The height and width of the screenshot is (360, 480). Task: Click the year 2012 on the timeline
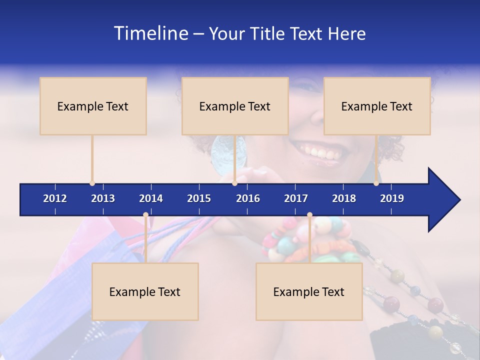(55, 198)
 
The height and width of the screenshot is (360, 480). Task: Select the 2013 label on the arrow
(103, 198)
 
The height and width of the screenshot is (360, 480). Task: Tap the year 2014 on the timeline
(151, 198)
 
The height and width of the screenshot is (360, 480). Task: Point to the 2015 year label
(199, 198)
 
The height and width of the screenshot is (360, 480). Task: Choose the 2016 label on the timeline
(248, 198)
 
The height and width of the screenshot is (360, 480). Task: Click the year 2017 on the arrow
(296, 198)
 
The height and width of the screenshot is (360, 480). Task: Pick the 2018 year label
(344, 198)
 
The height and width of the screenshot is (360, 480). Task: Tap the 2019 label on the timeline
(392, 198)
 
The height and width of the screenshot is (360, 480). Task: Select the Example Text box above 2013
(93, 106)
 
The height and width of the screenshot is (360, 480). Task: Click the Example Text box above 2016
(235, 106)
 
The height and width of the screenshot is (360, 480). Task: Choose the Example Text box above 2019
(377, 106)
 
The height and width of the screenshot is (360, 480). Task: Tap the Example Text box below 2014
(145, 291)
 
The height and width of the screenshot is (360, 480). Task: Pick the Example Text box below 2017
(309, 291)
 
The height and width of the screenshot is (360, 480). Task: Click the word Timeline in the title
(150, 33)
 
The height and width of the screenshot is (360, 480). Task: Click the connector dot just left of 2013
(92, 183)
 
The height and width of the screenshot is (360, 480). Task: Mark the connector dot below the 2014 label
(145, 215)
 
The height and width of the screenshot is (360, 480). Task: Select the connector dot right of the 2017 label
(309, 215)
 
